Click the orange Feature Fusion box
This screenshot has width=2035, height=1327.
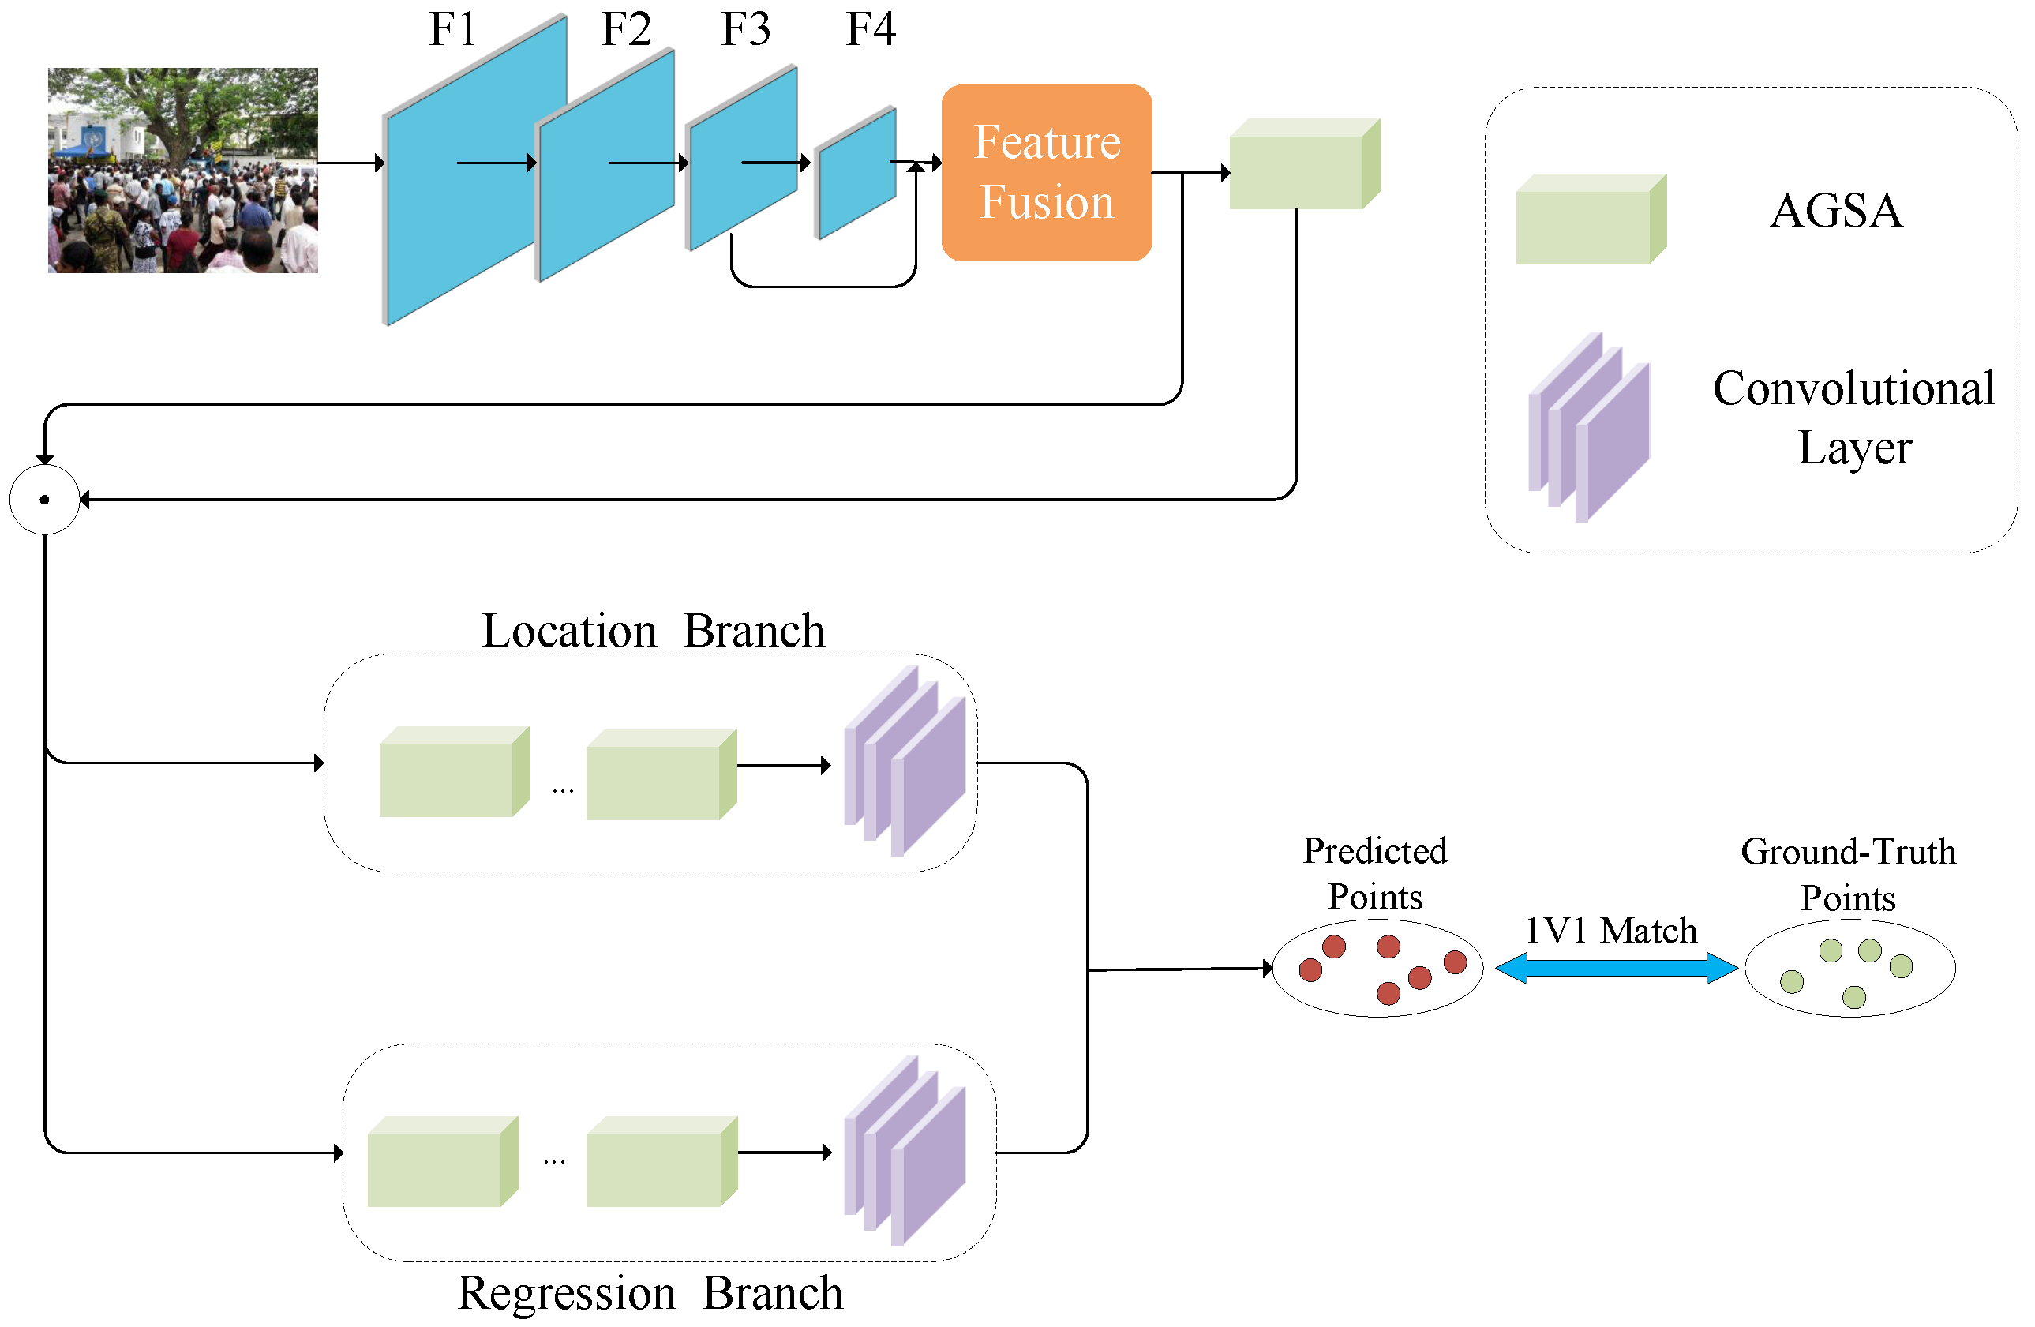click(x=1046, y=172)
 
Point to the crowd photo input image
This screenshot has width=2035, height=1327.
click(x=183, y=171)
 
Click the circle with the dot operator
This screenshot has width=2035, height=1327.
click(x=44, y=500)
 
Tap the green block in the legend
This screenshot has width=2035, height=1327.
click(x=1590, y=219)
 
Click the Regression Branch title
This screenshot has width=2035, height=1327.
click(x=650, y=1293)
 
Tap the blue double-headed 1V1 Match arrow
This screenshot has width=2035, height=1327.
click(x=1615, y=968)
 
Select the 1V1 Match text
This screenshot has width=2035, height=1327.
click(x=1611, y=930)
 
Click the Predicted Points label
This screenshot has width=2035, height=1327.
click(x=1374, y=873)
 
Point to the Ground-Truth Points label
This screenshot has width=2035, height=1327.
click(x=1848, y=874)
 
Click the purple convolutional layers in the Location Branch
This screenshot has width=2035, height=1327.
click(x=904, y=761)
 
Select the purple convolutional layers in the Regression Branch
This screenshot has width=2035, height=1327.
click(x=904, y=1151)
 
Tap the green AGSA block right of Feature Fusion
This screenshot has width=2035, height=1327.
click(x=1303, y=164)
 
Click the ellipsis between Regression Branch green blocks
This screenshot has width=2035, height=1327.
click(x=554, y=1161)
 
